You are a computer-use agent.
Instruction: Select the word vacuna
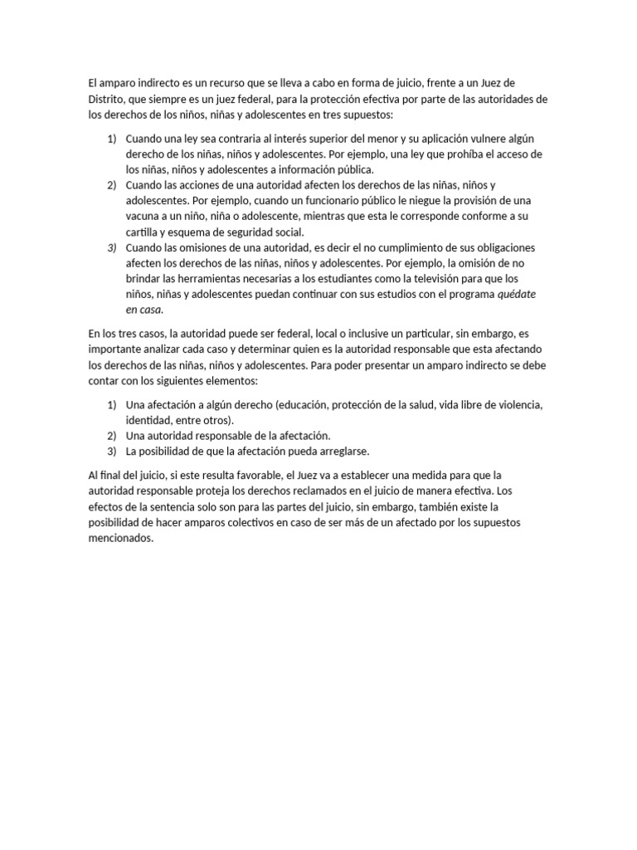pyautogui.click(x=143, y=217)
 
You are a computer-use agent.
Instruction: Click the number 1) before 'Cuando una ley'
pyautogui.click(x=112, y=139)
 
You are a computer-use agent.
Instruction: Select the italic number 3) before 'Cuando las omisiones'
pyautogui.click(x=112, y=248)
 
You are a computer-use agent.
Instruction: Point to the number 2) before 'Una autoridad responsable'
pyautogui.click(x=112, y=435)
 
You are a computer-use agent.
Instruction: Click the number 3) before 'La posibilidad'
pyautogui.click(x=112, y=451)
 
